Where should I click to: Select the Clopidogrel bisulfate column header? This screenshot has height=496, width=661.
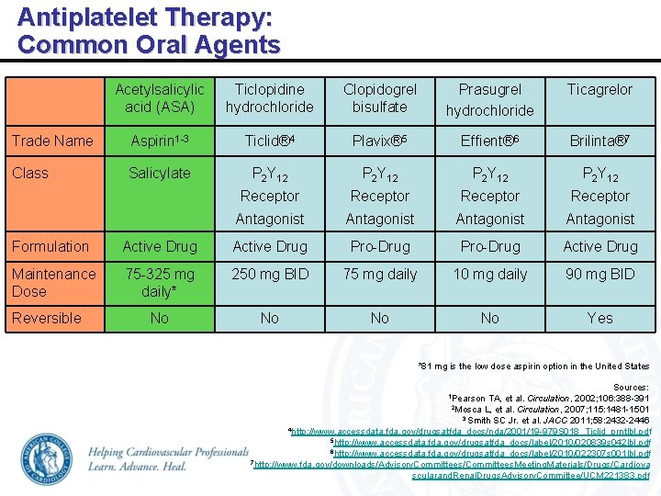click(x=380, y=98)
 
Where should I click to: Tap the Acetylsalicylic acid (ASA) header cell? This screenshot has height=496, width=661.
click(x=160, y=98)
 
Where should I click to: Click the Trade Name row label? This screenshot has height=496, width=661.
click(x=51, y=141)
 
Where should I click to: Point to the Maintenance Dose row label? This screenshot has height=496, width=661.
click(x=53, y=282)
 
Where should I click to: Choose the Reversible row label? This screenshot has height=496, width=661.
click(x=47, y=318)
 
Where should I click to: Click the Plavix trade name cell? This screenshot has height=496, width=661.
click(x=380, y=141)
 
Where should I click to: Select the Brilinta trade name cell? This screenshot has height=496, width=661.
click(x=600, y=141)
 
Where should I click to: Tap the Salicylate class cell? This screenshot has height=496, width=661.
click(x=160, y=173)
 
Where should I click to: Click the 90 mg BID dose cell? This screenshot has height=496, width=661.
click(x=600, y=274)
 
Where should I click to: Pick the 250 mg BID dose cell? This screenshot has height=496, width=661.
click(x=270, y=274)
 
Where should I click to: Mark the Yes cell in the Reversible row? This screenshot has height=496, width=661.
click(x=600, y=318)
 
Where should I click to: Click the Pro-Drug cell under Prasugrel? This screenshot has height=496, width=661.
click(x=490, y=246)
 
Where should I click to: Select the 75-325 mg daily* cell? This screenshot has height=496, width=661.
click(x=160, y=282)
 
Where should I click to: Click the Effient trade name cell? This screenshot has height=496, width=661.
click(x=490, y=141)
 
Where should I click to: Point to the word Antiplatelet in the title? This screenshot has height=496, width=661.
click(x=87, y=17)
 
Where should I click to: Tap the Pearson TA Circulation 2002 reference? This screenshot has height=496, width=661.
click(x=548, y=398)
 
